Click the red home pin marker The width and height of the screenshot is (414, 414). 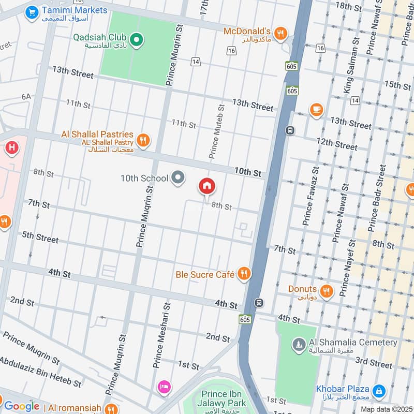pyautogui.click(x=207, y=186)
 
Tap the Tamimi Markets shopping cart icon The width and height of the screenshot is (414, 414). pyautogui.click(x=32, y=11)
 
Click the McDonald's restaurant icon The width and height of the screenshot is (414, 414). pyautogui.click(x=280, y=33)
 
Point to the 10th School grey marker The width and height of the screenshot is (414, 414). pyautogui.click(x=179, y=178)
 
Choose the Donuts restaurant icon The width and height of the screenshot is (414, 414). pyautogui.click(x=326, y=290)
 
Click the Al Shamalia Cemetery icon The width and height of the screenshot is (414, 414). pyautogui.click(x=299, y=344)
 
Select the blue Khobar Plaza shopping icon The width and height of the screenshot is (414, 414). pyautogui.click(x=378, y=391)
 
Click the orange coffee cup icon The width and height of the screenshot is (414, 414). pyautogui.click(x=316, y=110)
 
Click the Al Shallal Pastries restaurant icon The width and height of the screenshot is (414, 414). pyautogui.click(x=143, y=140)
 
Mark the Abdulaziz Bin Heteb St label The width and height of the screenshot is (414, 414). pyautogui.click(x=40, y=372)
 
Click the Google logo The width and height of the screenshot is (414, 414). pyautogui.click(x=22, y=407)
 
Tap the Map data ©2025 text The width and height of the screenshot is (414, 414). pyautogui.click(x=385, y=409)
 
